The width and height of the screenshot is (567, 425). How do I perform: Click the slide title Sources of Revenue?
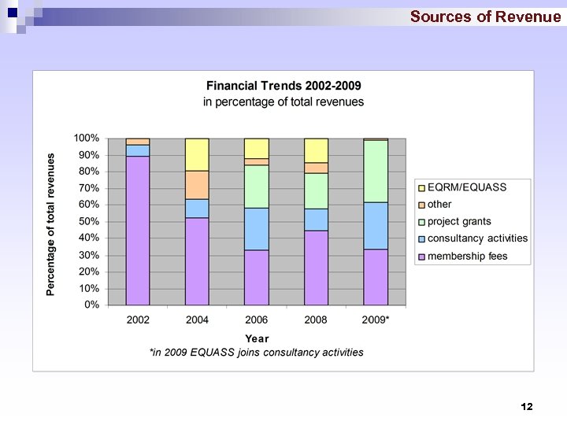point(485,17)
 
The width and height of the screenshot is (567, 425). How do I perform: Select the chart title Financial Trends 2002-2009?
point(283,85)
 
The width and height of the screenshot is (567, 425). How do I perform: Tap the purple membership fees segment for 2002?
point(138,230)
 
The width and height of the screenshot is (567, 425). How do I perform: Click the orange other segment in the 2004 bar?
point(197,185)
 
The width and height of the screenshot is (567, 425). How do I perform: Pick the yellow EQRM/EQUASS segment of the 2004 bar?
point(197,154)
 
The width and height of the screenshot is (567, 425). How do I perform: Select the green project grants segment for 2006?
point(256,187)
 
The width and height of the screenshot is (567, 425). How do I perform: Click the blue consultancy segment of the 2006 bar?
point(256,229)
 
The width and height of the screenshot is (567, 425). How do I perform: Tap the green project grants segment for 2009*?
point(376,172)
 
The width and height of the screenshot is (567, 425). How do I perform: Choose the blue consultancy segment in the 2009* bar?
point(376,226)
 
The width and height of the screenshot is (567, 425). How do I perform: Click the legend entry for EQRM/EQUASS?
point(466,187)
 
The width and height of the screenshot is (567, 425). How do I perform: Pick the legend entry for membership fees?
point(467,256)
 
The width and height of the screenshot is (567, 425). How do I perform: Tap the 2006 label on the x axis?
point(256,320)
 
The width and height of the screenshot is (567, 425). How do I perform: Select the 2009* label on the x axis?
point(376,320)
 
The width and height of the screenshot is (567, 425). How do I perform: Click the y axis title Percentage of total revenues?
point(51,224)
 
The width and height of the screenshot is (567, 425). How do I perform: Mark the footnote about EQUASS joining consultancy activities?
point(257,353)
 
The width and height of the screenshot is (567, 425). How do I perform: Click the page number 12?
point(527,406)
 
